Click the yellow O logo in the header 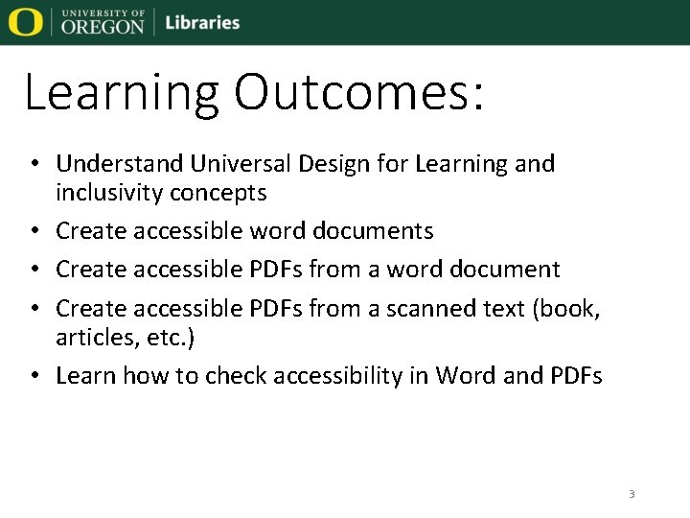25,21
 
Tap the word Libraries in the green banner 202,22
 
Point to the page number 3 632,494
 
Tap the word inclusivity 109,193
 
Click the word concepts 218,194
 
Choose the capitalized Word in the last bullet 466,375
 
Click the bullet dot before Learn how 34,376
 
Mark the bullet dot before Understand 34,165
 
